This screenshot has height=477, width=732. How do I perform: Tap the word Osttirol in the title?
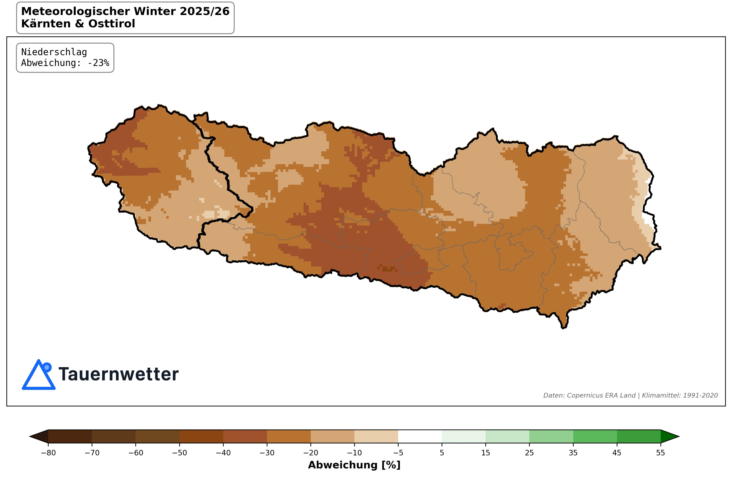(x=112, y=24)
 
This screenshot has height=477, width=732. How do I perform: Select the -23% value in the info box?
(x=98, y=63)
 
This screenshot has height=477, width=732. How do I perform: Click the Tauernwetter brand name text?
(x=118, y=374)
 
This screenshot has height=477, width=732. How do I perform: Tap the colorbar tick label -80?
(x=48, y=453)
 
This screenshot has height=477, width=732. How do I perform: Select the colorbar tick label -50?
(x=180, y=453)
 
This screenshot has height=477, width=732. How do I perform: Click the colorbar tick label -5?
(x=398, y=453)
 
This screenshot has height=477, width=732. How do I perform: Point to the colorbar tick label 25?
(x=529, y=453)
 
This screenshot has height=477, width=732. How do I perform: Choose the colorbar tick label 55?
(x=660, y=453)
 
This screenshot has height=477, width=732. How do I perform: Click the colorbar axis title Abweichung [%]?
(x=354, y=465)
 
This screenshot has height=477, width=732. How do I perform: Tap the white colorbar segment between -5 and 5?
(x=420, y=436)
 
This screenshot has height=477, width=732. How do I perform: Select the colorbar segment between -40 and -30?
(x=245, y=436)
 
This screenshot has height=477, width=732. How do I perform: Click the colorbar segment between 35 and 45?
(x=595, y=436)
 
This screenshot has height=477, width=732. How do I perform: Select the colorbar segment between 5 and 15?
(x=463, y=436)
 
